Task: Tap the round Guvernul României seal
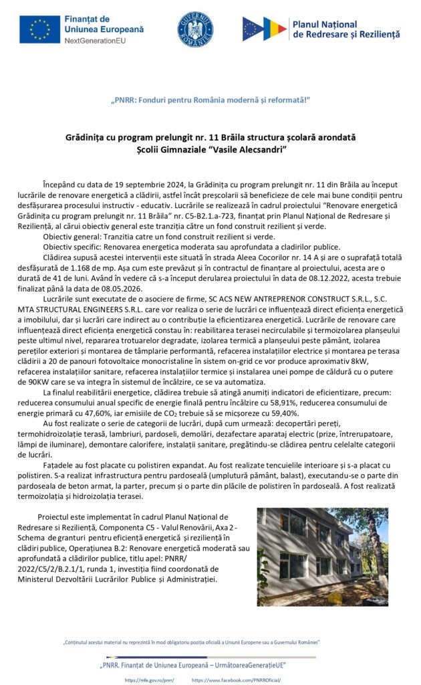(194, 29)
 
